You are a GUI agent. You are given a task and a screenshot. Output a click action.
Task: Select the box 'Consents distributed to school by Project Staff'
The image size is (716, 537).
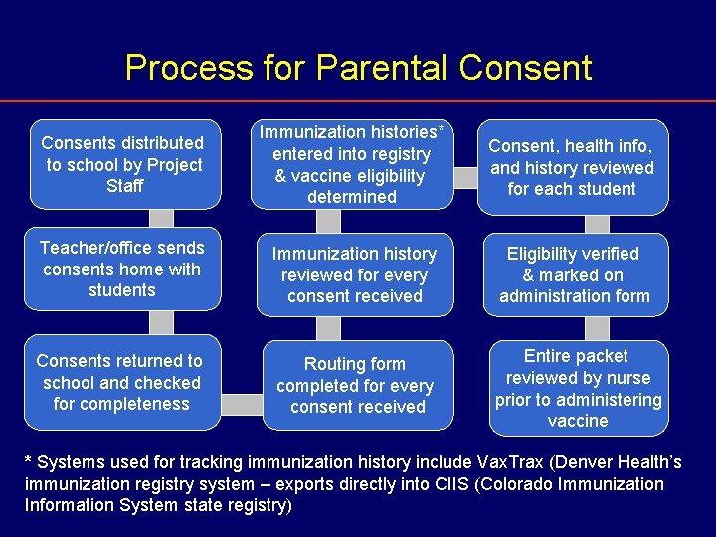pos(123,165)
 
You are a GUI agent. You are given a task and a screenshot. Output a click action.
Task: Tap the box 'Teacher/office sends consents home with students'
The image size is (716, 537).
pos(123,269)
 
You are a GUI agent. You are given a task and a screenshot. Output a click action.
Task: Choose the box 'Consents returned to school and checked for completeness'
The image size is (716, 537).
pos(123,383)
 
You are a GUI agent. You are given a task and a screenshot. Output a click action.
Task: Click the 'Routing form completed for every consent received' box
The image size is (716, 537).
pos(355,386)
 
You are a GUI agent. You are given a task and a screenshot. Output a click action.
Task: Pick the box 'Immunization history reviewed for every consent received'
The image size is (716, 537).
pos(355,275)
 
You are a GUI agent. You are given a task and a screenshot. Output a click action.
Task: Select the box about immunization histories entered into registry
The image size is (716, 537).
pos(352,165)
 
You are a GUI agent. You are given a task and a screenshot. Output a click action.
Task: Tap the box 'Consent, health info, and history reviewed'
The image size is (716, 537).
pos(572,167)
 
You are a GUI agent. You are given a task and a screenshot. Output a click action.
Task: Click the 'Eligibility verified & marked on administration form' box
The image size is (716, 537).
pos(575,275)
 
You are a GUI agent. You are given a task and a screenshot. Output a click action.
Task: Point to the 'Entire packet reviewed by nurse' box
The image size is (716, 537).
pos(579,388)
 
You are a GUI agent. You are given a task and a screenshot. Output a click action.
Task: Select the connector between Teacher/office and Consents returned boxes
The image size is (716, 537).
pos(161,322)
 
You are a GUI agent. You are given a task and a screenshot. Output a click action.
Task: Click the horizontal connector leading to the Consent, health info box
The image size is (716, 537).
pos(464,177)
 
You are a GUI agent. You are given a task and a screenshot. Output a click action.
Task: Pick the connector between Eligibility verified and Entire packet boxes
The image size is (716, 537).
pos(598,329)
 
